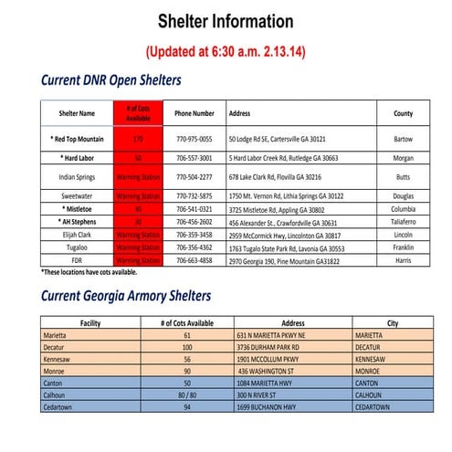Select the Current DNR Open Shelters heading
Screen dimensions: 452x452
point(110,80)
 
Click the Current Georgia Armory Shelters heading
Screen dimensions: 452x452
point(125,296)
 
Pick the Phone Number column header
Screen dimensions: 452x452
point(194,114)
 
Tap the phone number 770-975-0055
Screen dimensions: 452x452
point(194,139)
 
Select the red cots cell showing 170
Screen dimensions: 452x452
point(139,139)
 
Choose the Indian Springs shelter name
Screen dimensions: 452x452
point(78,176)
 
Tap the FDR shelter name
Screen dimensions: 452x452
point(78,260)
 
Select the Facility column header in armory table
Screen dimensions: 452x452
point(89,323)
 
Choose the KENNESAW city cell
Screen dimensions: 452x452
point(375,360)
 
